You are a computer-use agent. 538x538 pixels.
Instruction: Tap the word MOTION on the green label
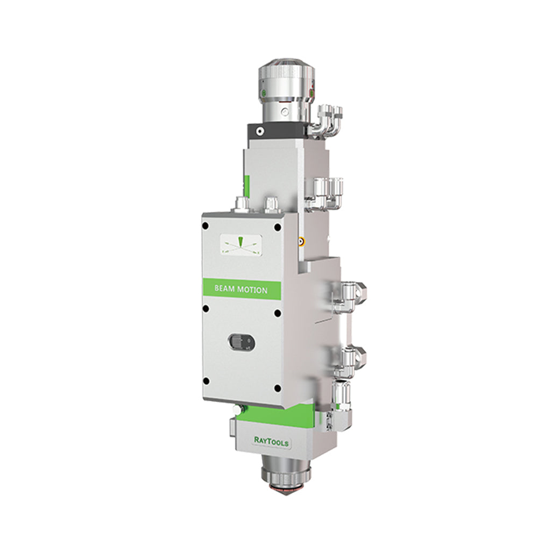coord(252,290)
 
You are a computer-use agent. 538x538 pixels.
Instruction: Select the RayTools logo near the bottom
coord(271,442)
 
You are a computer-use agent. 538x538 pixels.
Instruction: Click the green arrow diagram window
coord(241,245)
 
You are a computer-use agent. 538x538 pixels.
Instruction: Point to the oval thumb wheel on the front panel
coord(241,342)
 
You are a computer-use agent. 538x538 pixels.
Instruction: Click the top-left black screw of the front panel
coord(206,226)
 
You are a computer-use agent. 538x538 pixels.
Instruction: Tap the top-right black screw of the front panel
coord(277,227)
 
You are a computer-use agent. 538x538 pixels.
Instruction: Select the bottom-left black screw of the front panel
coord(206,381)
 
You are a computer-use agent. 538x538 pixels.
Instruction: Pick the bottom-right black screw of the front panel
coord(278,388)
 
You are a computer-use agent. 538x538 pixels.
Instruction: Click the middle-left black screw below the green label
coord(206,309)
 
